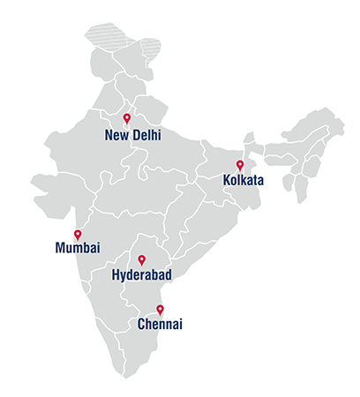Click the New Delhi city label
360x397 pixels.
click(x=134, y=136)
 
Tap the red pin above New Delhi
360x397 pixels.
click(x=127, y=117)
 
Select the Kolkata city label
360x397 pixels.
click(x=244, y=182)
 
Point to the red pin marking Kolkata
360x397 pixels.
click(x=240, y=164)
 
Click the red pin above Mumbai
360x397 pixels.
click(x=78, y=234)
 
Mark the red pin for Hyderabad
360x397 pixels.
click(x=141, y=259)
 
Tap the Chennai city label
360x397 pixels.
click(x=161, y=326)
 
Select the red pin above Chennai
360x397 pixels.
click(x=160, y=309)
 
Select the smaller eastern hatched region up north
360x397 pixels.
click(x=151, y=47)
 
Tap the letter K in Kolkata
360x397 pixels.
click(x=228, y=182)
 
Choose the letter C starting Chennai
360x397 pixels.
click(x=143, y=326)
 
